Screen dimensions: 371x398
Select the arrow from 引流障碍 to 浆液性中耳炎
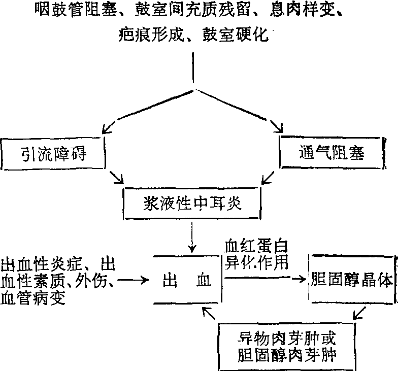click(117, 178)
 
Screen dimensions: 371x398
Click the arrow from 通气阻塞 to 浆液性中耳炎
click(269, 178)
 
